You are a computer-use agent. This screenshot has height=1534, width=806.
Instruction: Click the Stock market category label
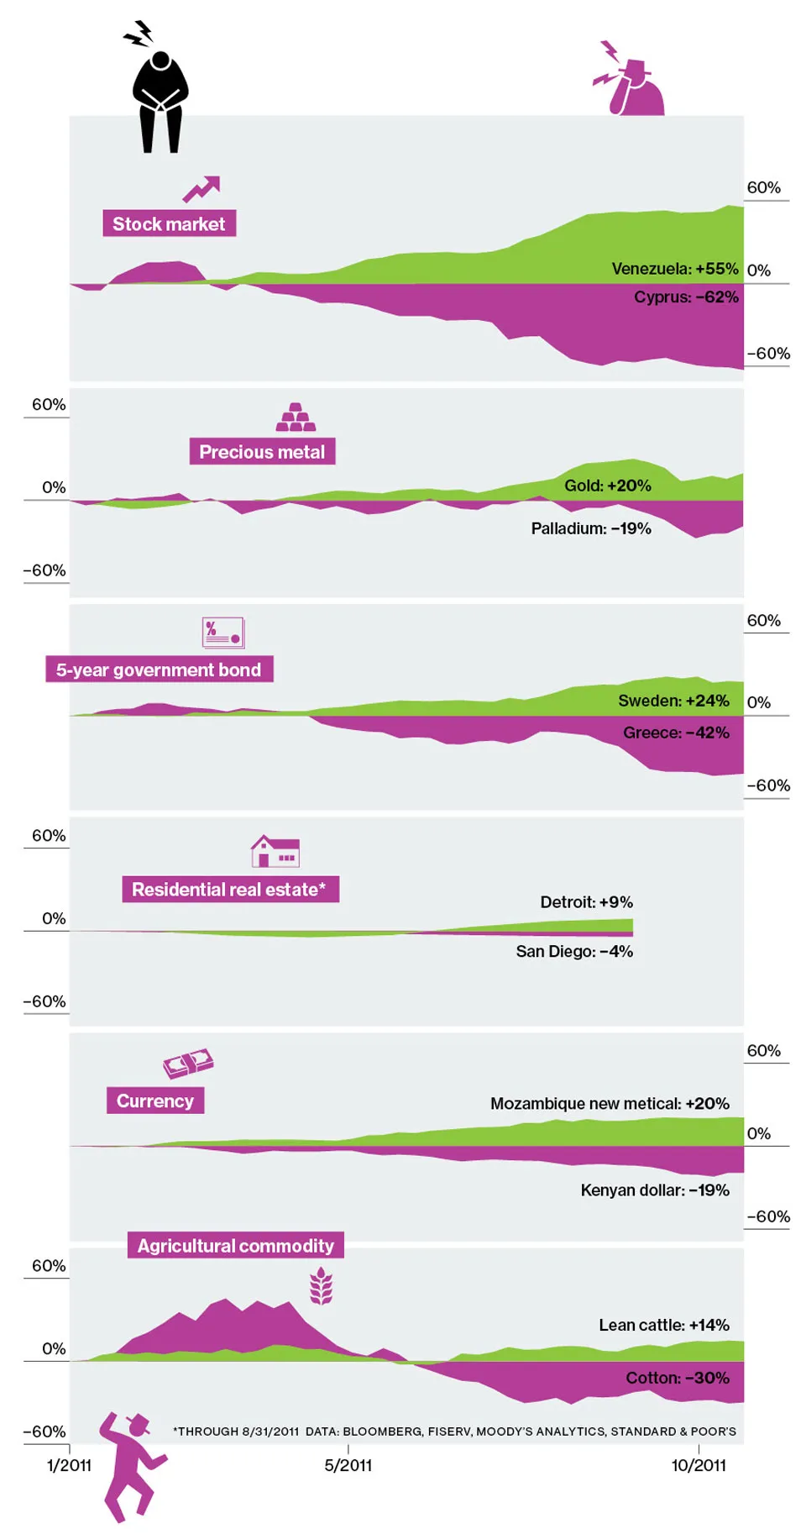point(169,223)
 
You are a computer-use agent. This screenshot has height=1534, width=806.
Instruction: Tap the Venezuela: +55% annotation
point(674,269)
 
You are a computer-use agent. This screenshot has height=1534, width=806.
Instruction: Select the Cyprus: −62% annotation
point(686,297)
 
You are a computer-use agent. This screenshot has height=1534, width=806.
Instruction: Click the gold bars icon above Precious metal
point(296,418)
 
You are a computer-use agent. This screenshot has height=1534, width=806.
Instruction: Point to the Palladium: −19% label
point(590,528)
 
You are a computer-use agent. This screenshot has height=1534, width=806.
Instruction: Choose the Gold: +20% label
point(607,486)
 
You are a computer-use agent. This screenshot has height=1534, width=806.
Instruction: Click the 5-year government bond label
point(159,670)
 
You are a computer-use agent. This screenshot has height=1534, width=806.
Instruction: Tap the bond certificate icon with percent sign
point(222,633)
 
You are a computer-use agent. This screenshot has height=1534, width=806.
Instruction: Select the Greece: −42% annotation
point(676,733)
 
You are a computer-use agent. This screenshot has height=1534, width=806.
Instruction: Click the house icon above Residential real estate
point(275,851)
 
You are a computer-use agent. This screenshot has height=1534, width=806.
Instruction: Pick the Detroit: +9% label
point(586,902)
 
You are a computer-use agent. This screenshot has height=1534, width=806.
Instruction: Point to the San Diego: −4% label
point(574,952)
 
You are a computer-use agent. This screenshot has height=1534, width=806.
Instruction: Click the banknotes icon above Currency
point(188,1064)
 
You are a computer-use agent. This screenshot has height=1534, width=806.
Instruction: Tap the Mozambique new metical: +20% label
point(610,1104)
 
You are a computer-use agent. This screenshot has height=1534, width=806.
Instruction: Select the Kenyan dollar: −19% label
point(654,1190)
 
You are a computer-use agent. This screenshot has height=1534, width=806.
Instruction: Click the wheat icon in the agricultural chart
point(321,1287)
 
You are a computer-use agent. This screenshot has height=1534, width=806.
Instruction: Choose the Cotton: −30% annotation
point(677,1378)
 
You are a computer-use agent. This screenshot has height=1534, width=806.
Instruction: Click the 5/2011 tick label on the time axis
point(348,1465)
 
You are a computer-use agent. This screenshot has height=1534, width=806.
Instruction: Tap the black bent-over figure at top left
point(160,101)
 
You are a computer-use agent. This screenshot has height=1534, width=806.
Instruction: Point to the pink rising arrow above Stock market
point(201,189)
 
